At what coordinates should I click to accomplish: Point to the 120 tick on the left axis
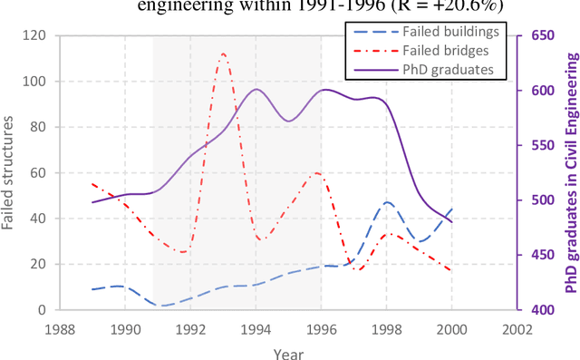point(36,36)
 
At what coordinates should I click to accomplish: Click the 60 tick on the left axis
point(40,172)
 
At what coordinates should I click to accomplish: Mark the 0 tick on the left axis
point(43,309)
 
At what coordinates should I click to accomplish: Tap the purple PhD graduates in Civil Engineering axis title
point(571,172)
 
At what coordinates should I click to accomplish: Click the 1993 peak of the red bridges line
point(223,54)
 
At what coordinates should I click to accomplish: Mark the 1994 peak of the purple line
point(256,89)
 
